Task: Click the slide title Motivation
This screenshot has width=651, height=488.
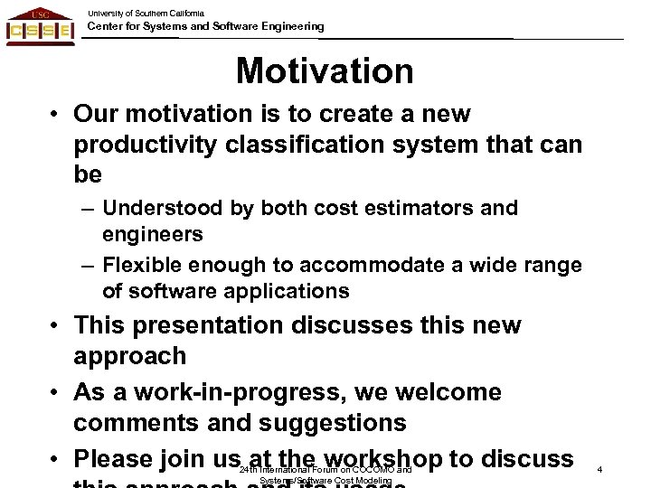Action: pos(325,70)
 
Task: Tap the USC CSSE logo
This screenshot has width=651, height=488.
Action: pos(42,27)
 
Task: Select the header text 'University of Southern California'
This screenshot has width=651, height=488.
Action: pos(146,12)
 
